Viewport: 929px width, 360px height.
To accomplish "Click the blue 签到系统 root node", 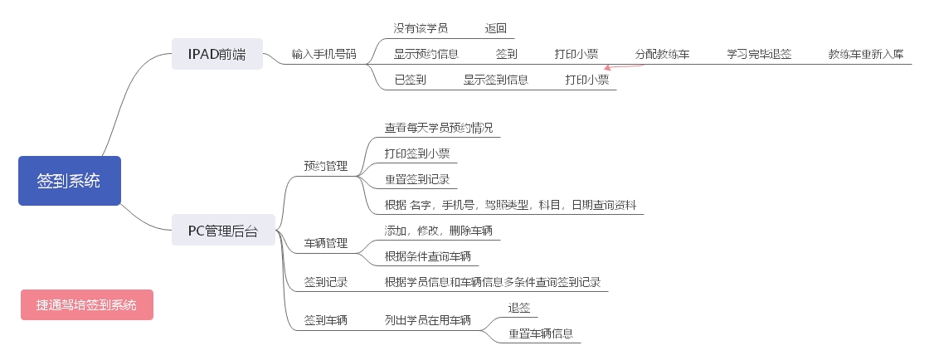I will tap(69, 181).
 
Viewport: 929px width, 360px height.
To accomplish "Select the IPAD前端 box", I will tap(216, 55).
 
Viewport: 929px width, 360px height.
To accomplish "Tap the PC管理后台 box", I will tap(223, 231).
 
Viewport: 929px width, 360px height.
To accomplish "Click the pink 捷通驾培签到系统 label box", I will tap(87, 304).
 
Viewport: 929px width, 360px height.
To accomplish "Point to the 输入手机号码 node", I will tap(323, 55).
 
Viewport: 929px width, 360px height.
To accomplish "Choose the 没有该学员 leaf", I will tap(421, 28).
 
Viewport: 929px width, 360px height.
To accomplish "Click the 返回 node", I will tap(496, 28).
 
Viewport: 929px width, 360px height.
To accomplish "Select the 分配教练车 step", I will tap(662, 55).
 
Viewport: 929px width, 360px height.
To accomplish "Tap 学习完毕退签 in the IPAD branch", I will tap(759, 55).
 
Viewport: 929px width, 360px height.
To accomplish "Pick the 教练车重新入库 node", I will tap(865, 55).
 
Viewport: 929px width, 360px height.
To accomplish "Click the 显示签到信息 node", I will tap(496, 80).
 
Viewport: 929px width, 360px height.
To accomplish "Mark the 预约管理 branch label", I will tap(325, 166).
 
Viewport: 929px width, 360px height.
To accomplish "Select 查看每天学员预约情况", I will tap(438, 128).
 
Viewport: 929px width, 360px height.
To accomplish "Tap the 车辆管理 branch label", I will tap(325, 243).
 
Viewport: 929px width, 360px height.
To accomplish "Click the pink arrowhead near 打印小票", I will tap(609, 69).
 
